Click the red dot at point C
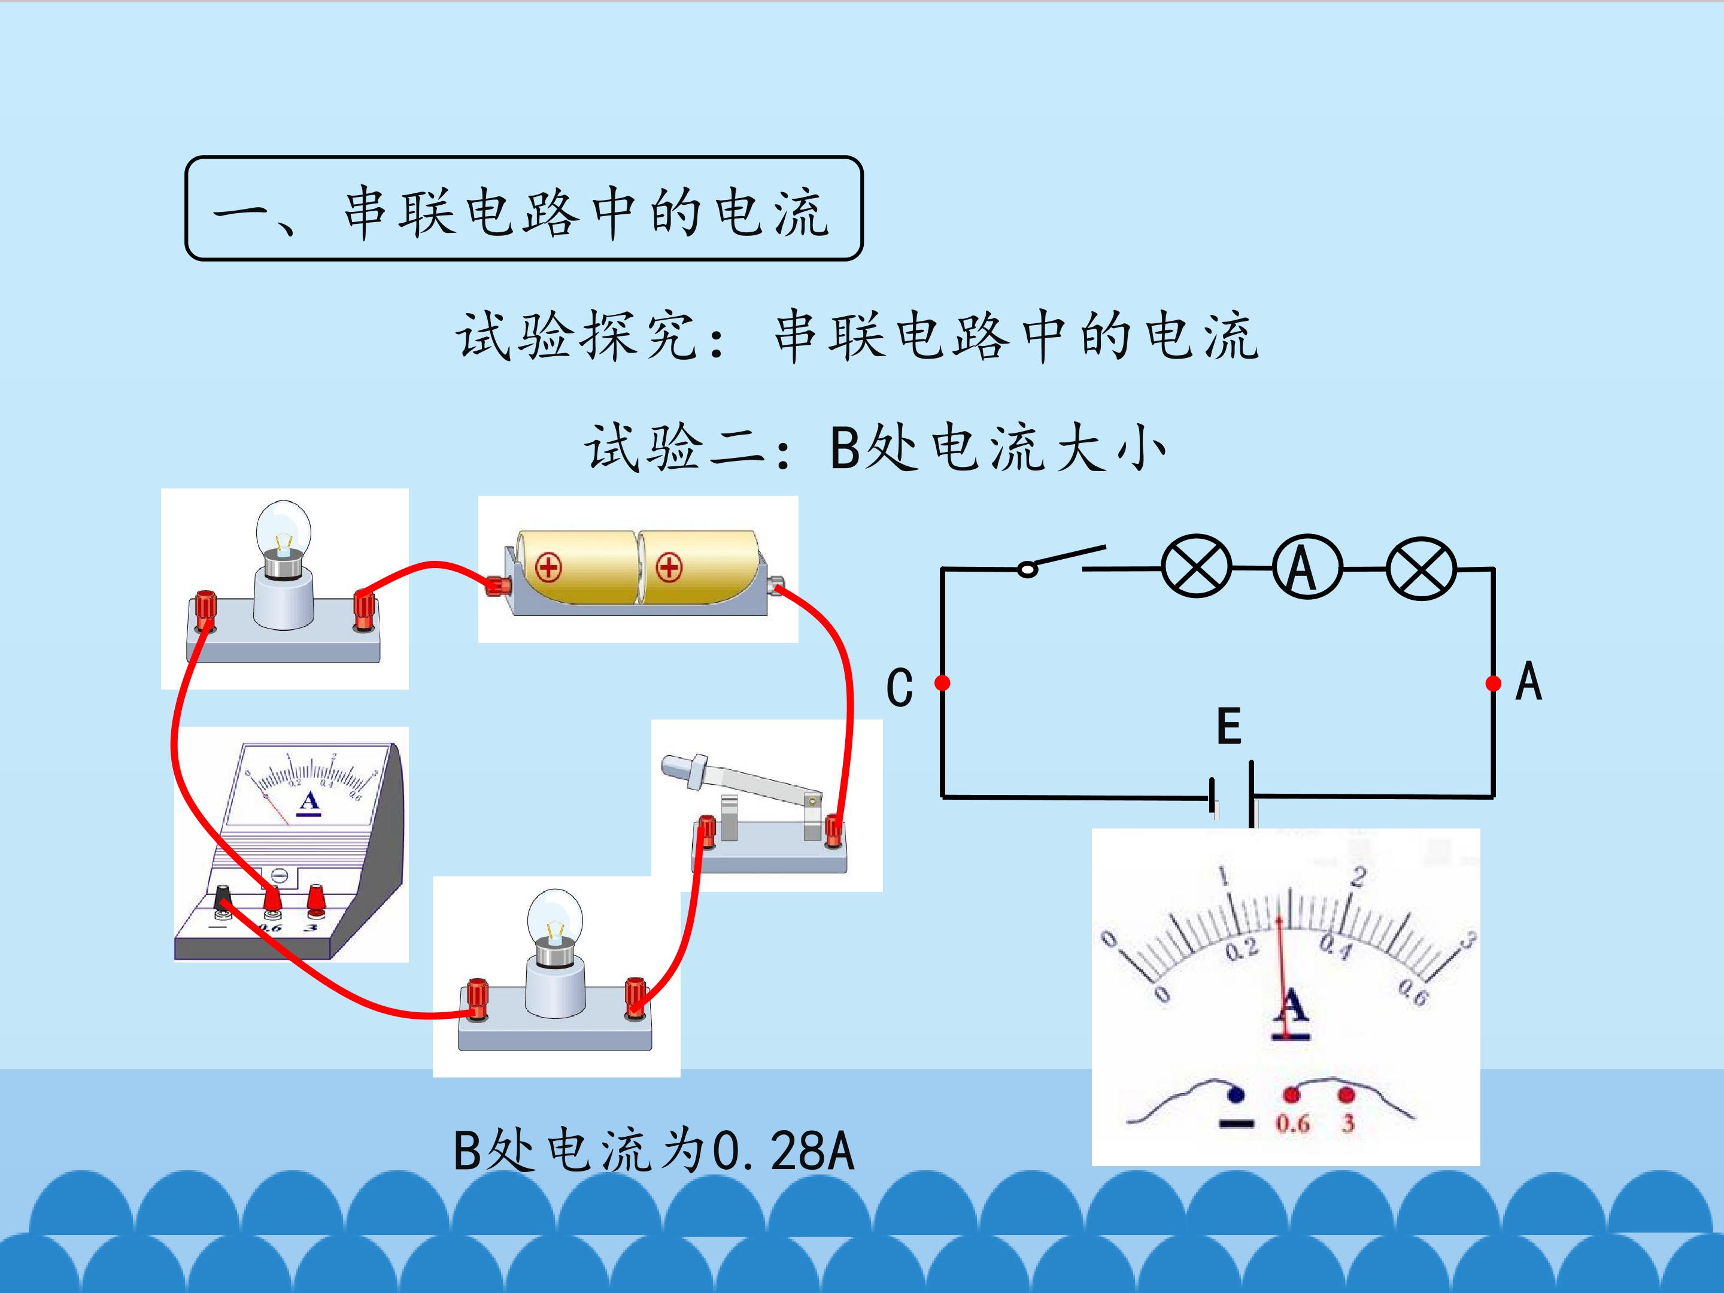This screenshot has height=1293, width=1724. (942, 684)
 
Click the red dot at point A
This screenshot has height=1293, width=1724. (1494, 684)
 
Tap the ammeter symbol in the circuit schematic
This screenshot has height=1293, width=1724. (1307, 567)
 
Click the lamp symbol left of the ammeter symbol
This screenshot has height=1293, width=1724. (1197, 567)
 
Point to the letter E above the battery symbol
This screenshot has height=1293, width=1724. (1228, 726)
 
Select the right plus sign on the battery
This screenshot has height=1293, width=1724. (669, 567)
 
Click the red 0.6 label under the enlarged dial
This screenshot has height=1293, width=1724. (1292, 1124)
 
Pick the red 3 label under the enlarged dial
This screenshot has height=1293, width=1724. (1347, 1124)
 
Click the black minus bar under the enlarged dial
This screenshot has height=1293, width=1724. (1236, 1123)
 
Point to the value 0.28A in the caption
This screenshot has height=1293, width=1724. (784, 1151)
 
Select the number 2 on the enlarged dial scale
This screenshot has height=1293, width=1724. (1358, 878)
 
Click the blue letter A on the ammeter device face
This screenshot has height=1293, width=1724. (309, 800)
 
